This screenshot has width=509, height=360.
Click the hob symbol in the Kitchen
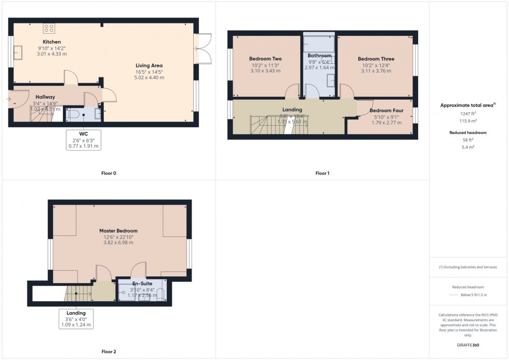tap(49, 29)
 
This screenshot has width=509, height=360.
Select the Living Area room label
tap(150, 65)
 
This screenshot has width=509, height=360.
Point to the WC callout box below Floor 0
tap(84, 140)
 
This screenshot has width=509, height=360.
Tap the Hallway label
tap(45, 97)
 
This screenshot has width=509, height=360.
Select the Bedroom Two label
tap(265, 59)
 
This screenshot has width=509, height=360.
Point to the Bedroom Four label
tap(386, 111)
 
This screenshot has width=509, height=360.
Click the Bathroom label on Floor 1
tap(319, 56)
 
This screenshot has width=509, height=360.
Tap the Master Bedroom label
tap(118, 231)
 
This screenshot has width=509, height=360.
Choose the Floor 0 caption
tap(109, 173)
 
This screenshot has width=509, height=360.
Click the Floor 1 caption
tap(322, 173)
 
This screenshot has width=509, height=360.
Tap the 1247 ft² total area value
tap(468, 113)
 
